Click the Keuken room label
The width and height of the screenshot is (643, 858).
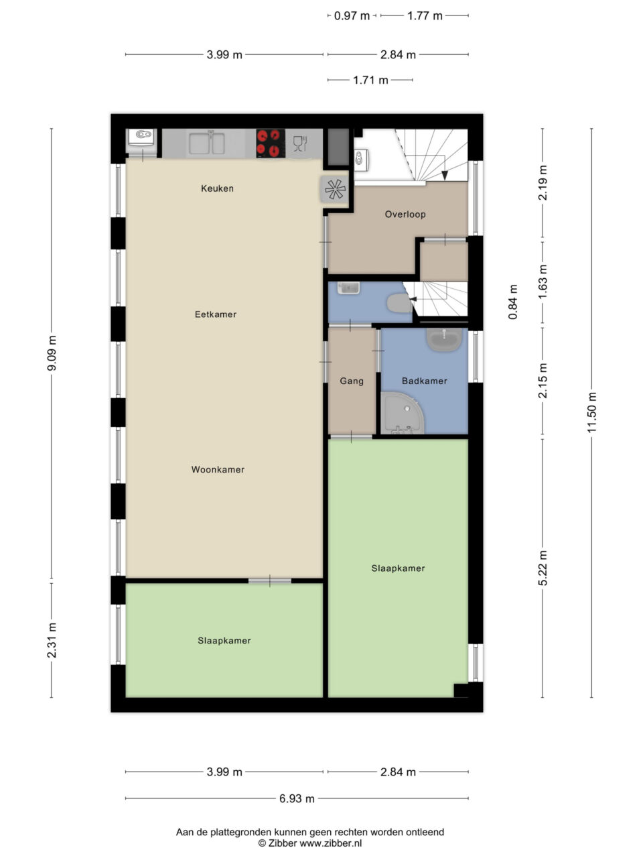pos(217,188)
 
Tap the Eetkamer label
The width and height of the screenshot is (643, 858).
pos(216,314)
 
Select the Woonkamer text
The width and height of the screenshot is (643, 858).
pos(218,469)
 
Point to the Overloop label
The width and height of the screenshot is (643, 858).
pos(405,214)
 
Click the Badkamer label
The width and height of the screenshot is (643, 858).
pos(425,381)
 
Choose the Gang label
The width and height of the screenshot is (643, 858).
pos(352,381)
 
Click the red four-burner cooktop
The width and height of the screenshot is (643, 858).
pos(271,143)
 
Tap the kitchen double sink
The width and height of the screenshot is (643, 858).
pos(207,143)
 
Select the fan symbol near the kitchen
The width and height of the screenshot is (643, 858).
pos(336,189)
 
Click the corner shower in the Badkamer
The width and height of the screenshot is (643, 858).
pos(402,414)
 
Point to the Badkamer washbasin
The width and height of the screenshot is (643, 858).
pos(445,339)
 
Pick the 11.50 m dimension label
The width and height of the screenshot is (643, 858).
pos(592,412)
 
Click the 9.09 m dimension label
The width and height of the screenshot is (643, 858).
pos(52,353)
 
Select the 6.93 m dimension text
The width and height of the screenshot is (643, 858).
pos(297,798)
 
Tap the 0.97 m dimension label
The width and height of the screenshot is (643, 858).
pos(352,16)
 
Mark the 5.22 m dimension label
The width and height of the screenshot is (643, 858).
pos(543,568)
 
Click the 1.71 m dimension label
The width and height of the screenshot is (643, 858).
pos(370,80)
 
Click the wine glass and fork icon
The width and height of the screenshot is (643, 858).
pos(300,143)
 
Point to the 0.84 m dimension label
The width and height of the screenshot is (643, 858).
pos(512,302)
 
